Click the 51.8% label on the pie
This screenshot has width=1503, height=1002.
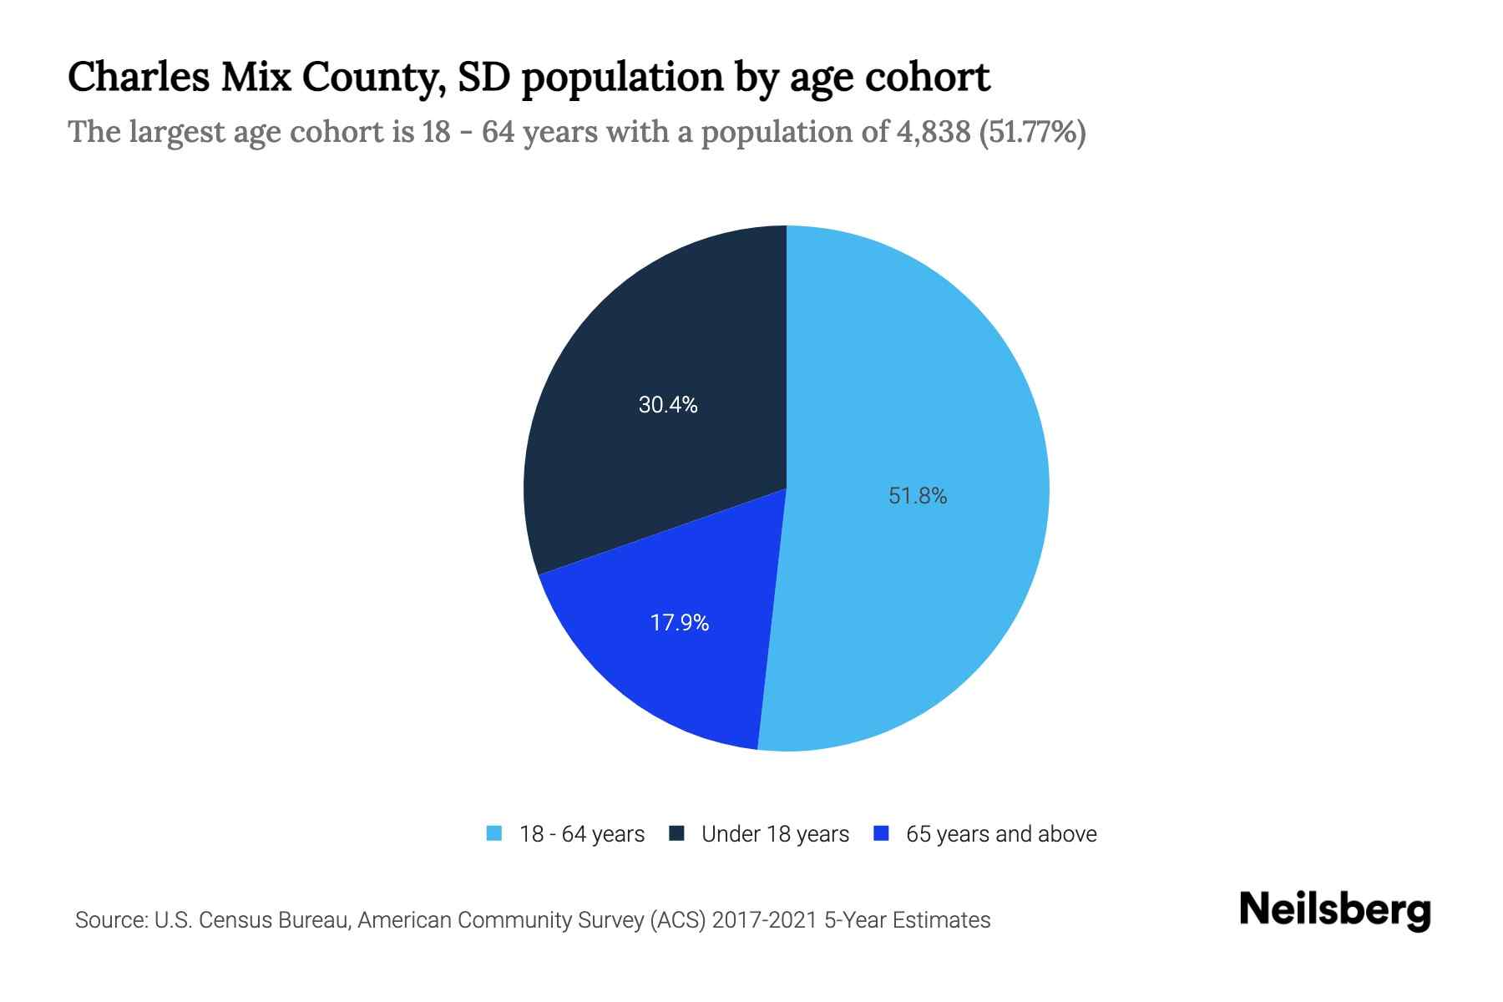tap(918, 496)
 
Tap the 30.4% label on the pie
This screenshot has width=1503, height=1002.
tap(668, 405)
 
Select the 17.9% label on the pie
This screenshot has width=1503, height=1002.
tap(680, 623)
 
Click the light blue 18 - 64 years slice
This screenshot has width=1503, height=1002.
tap(935, 376)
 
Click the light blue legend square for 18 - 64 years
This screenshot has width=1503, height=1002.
tap(494, 833)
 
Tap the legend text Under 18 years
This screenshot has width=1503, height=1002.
tap(775, 834)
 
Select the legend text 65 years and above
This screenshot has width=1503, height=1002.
tap(1001, 834)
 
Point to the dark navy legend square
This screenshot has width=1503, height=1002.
tap(676, 833)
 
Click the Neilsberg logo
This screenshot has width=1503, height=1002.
tap(1334, 910)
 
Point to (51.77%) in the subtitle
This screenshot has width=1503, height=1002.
tap(1032, 132)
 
